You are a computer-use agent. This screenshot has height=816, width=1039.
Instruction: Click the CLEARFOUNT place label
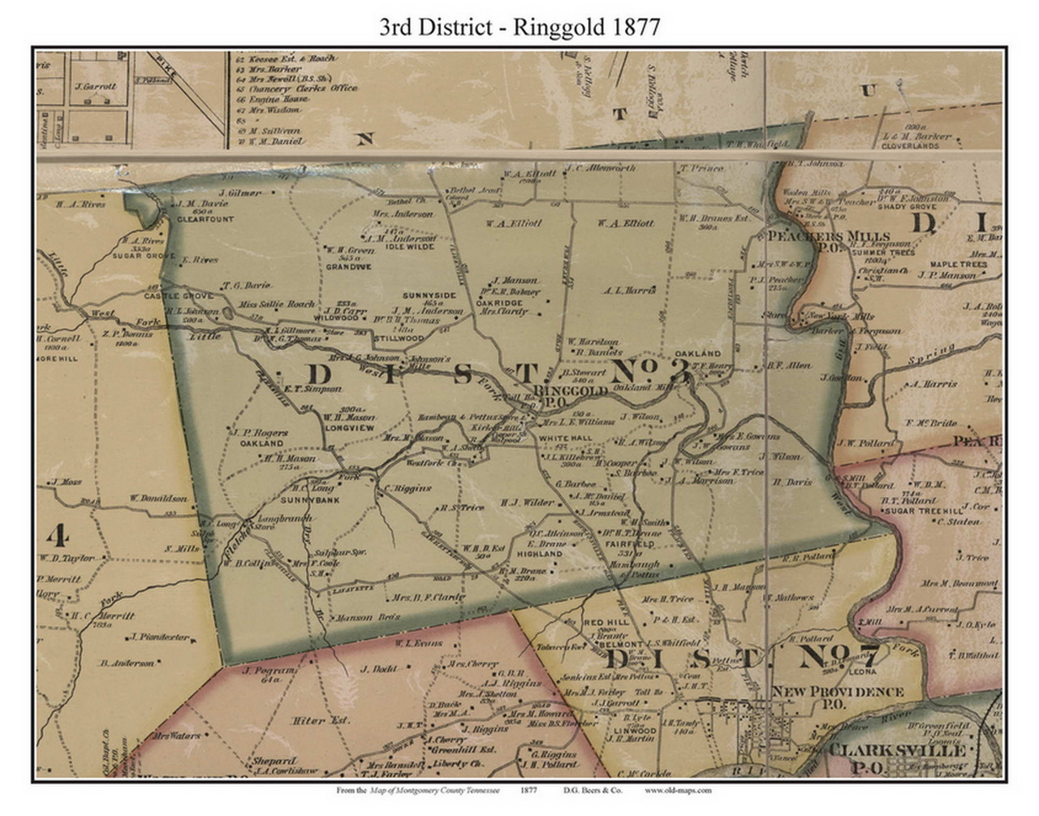point(205,219)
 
